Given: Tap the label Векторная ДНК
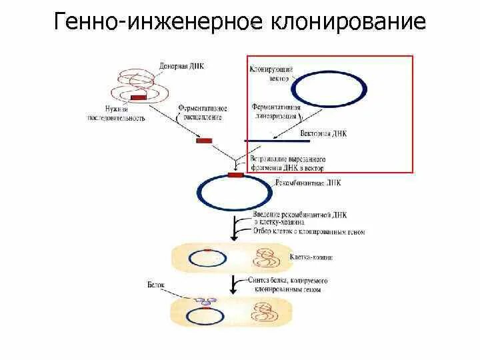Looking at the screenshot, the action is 323,133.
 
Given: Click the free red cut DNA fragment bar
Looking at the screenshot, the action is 204,141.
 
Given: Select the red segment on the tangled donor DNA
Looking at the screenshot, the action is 139,98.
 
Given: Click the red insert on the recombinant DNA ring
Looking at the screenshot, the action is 236,175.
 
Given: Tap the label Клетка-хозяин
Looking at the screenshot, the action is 311,257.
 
